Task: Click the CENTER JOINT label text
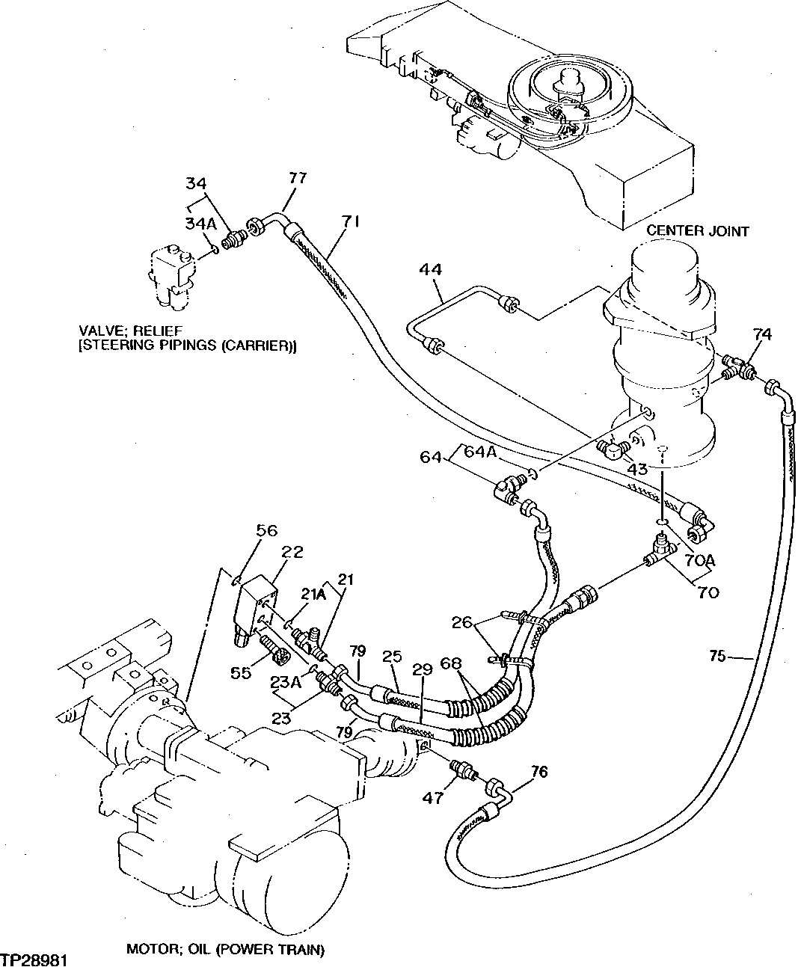(697, 231)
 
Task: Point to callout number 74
(762, 334)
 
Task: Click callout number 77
(298, 177)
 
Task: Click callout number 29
(423, 669)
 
